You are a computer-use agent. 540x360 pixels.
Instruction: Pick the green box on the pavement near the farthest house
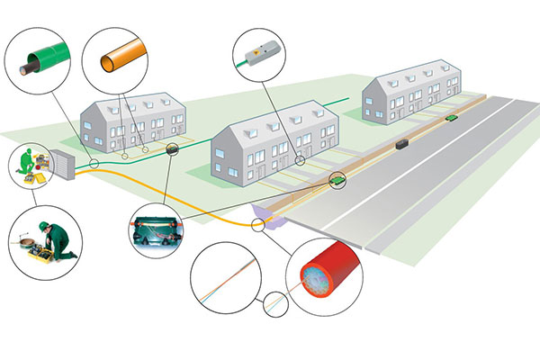coord(449,116)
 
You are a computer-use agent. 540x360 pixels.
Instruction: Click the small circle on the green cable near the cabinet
coord(94,164)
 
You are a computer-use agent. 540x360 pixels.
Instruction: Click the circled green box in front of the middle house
coord(336,179)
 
